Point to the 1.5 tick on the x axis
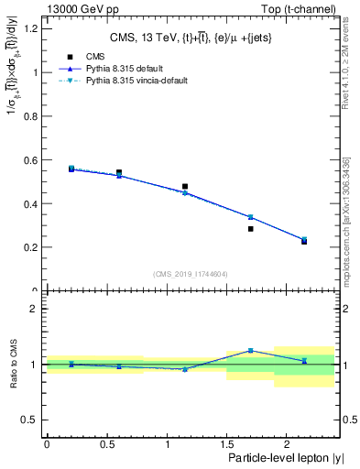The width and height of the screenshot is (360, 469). (226, 444)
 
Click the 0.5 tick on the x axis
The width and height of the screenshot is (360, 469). (106, 444)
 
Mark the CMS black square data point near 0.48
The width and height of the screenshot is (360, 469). (185, 186)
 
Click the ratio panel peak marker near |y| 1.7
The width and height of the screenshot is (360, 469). (250, 350)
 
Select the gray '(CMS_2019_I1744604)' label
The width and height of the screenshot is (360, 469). (191, 274)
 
